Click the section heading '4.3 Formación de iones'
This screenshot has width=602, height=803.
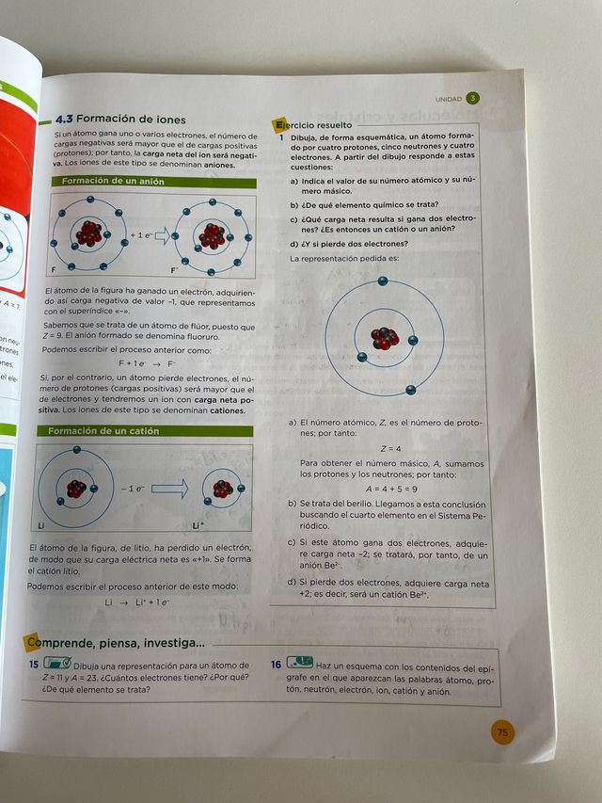click(120, 120)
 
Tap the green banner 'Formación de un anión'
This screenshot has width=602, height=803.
click(112, 180)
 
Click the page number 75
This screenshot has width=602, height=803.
click(502, 731)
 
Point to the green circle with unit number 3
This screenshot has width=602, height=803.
click(473, 97)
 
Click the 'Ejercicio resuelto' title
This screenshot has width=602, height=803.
click(314, 124)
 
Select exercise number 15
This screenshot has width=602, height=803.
click(34, 665)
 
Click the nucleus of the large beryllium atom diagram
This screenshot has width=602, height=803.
click(384, 338)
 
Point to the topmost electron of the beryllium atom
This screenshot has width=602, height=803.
click(383, 281)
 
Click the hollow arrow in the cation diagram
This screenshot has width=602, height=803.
click(169, 488)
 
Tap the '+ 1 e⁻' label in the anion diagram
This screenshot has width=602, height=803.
click(141, 235)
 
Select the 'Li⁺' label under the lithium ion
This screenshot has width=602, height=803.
click(197, 525)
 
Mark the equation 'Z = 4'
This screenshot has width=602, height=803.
click(390, 448)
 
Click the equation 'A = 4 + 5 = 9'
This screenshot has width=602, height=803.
click(390, 488)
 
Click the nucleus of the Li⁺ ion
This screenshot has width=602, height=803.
click(223, 489)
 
